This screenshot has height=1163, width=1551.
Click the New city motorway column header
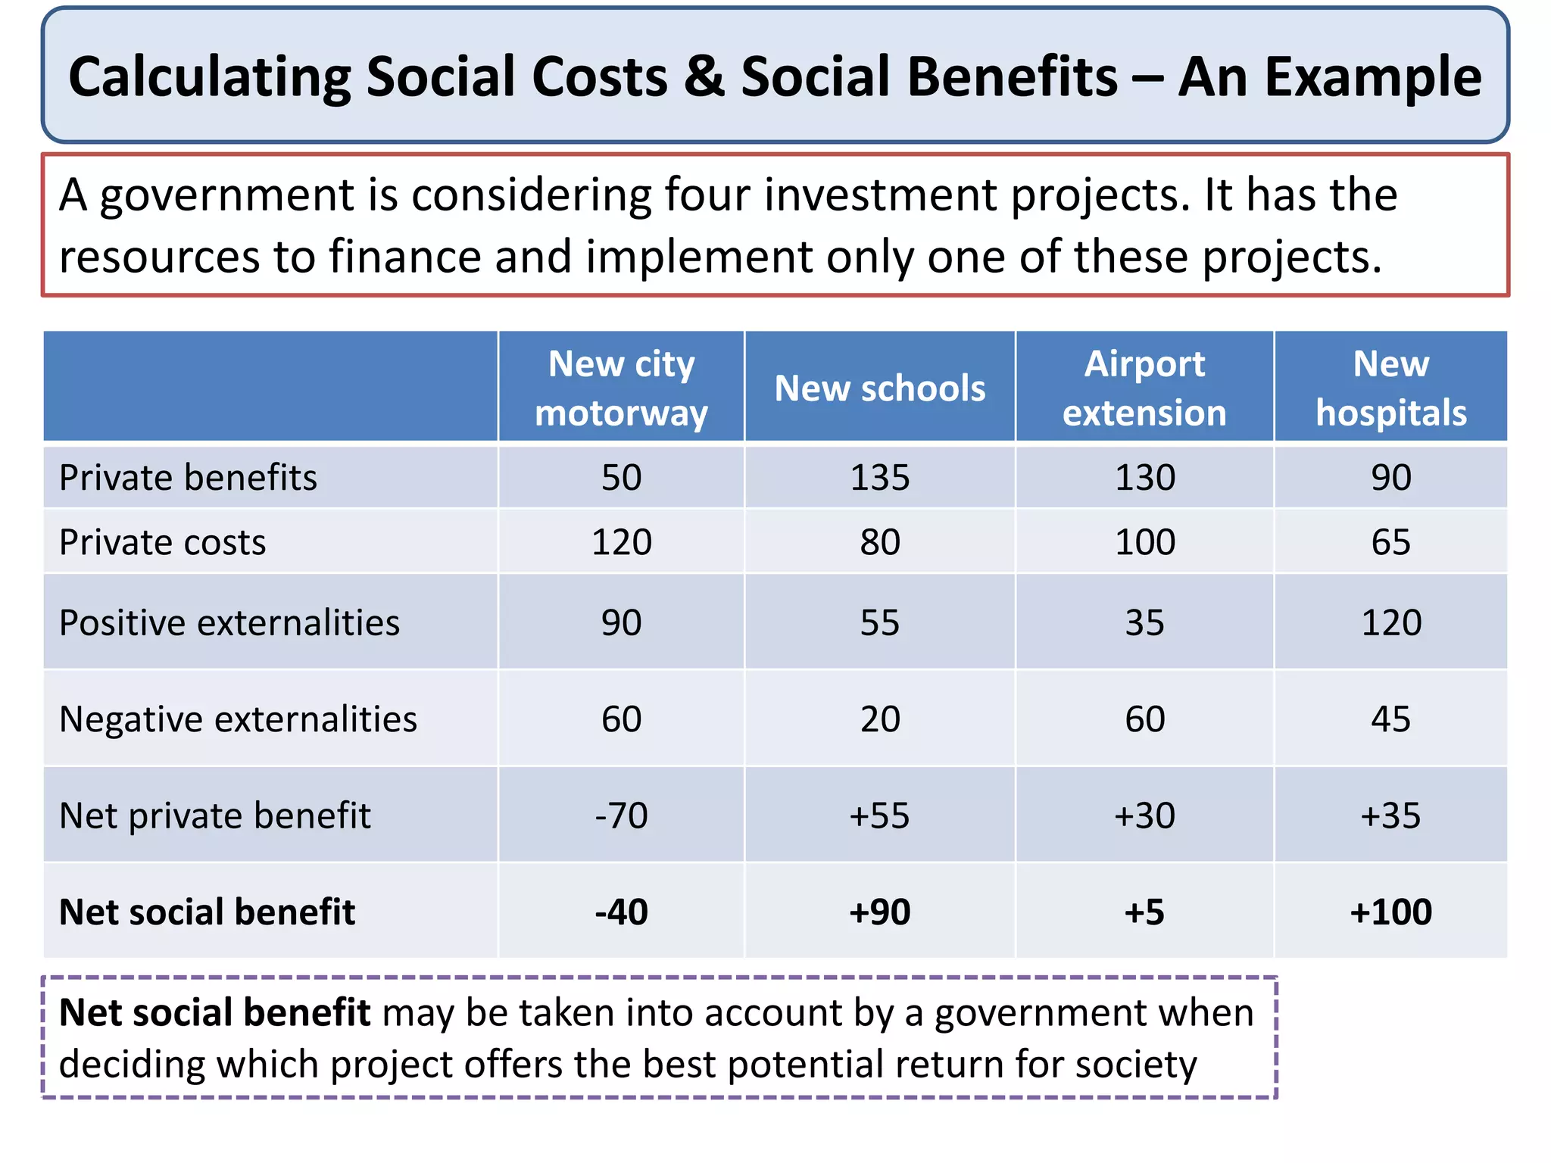point(621,388)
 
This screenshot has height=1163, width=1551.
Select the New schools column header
point(879,388)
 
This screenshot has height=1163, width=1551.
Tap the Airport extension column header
point(1144,388)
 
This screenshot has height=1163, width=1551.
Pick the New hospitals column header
point(1390,388)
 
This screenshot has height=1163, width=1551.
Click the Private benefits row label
point(188,478)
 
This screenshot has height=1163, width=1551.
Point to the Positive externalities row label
point(229,623)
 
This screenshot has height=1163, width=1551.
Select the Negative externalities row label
point(238,719)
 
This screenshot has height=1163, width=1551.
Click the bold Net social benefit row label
point(207,912)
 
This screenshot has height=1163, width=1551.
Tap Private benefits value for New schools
point(879,478)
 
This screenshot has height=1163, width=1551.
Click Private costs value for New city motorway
point(621,542)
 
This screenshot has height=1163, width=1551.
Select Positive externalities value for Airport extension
point(1144,623)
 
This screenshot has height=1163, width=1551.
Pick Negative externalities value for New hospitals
point(1390,719)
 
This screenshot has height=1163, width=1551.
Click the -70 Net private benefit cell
point(621,815)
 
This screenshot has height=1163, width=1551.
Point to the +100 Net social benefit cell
point(1390,912)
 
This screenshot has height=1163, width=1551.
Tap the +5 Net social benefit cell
point(1144,912)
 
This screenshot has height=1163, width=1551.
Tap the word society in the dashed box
point(1136,1064)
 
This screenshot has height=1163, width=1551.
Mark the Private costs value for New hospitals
point(1390,542)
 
